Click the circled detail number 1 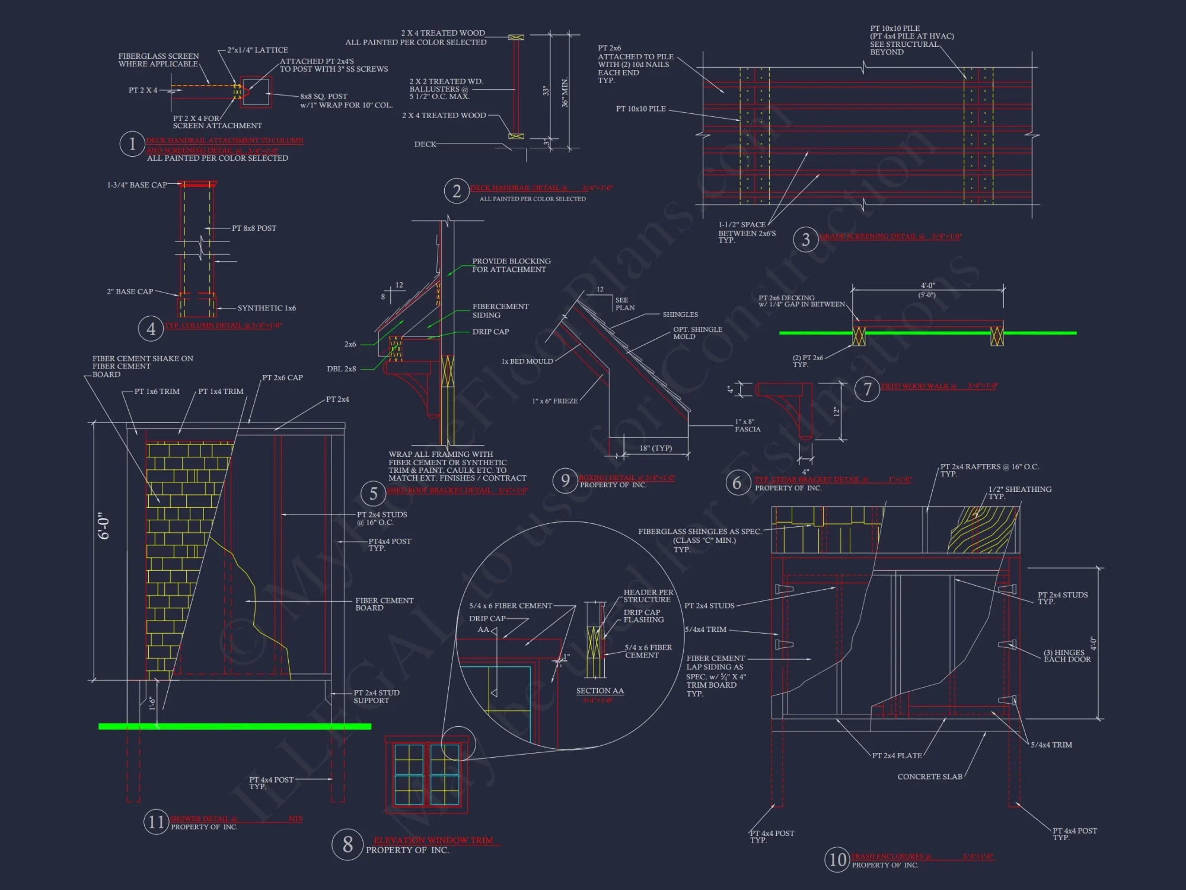(x=132, y=144)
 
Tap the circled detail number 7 (x=867, y=389)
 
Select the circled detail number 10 (x=837, y=860)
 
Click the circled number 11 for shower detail (x=156, y=822)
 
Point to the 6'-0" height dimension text (x=104, y=526)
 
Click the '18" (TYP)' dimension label (x=655, y=448)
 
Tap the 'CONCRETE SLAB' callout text (x=929, y=777)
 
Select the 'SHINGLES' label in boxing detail (x=680, y=314)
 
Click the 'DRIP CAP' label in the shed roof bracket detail (x=490, y=332)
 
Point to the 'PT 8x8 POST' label (x=254, y=228)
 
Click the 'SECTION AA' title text (x=600, y=691)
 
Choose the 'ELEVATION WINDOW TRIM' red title (x=433, y=840)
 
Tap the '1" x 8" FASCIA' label (x=747, y=425)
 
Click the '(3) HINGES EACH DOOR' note (x=1067, y=656)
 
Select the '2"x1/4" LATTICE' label (x=257, y=50)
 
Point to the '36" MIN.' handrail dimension (x=565, y=92)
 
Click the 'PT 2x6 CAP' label (x=282, y=377)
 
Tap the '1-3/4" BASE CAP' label (x=137, y=185)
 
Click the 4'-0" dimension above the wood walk (x=927, y=286)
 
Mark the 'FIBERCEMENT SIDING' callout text (x=500, y=311)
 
